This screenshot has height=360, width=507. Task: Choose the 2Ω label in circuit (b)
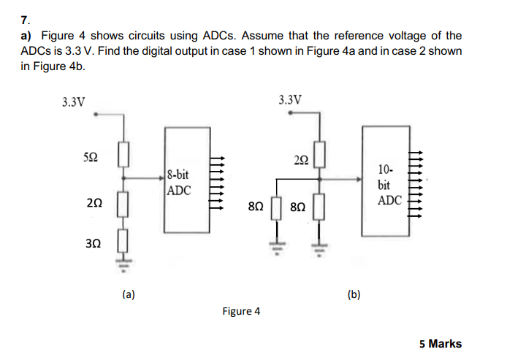300,160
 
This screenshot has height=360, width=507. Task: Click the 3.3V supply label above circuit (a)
74,102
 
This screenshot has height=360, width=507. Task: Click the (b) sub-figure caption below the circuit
354,294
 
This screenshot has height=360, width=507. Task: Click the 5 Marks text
441,343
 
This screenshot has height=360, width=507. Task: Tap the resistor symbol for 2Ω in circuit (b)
319,157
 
